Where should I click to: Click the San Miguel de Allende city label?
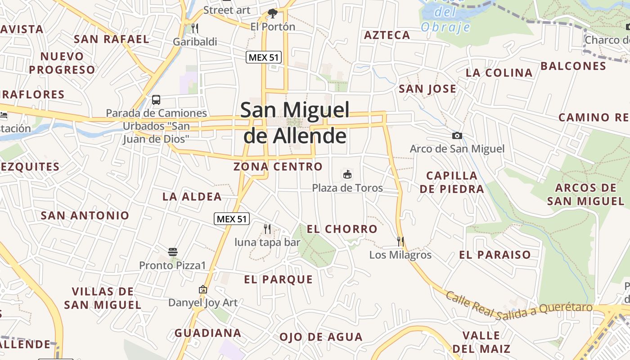pyautogui.click(x=295, y=122)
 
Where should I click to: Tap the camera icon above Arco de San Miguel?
pyautogui.click(x=457, y=135)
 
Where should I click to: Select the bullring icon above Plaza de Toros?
pyautogui.click(x=347, y=174)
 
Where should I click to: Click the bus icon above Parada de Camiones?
pyautogui.click(x=156, y=100)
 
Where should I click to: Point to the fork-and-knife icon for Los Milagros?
pyautogui.click(x=400, y=242)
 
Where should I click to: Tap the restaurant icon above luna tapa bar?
pyautogui.click(x=267, y=229)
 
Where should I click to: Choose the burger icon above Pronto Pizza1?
pyautogui.click(x=173, y=252)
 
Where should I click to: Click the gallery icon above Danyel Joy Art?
pyautogui.click(x=203, y=289)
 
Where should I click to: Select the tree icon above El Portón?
pyautogui.click(x=272, y=13)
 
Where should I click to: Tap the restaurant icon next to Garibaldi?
pyautogui.click(x=195, y=28)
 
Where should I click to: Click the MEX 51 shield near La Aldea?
pyautogui.click(x=231, y=219)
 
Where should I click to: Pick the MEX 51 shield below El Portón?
pyautogui.click(x=264, y=57)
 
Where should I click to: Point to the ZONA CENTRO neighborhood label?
pyautogui.click(x=278, y=166)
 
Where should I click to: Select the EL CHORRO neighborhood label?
pyautogui.click(x=342, y=229)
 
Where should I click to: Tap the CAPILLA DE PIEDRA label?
pyautogui.click(x=452, y=182)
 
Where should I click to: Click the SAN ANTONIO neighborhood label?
pyautogui.click(x=85, y=215)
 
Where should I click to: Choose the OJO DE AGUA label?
pyautogui.click(x=321, y=337)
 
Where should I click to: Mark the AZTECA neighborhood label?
pyautogui.click(x=387, y=35)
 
